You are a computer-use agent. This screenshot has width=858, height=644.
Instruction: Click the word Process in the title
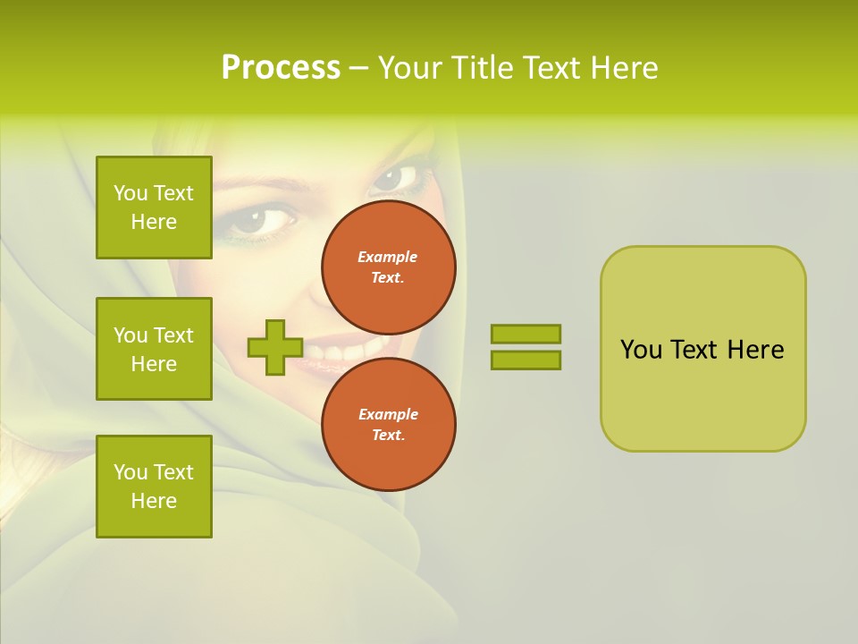281,68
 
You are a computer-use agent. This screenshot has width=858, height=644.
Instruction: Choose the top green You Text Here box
154,208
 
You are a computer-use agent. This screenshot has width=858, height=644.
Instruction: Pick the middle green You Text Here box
154,349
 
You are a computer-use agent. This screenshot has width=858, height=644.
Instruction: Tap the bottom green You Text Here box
154,487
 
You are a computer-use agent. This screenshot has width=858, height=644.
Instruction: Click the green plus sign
274,347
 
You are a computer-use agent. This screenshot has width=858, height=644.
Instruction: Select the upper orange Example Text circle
389,267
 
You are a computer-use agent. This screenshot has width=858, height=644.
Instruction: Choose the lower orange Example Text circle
389,424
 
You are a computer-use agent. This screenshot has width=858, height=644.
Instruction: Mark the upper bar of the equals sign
526,334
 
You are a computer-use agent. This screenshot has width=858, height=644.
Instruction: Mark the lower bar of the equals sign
526,360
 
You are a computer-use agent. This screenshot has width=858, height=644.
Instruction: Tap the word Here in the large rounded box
755,350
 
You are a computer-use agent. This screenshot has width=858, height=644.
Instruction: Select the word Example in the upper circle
388,257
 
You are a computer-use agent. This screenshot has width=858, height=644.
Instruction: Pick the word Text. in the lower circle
388,436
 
